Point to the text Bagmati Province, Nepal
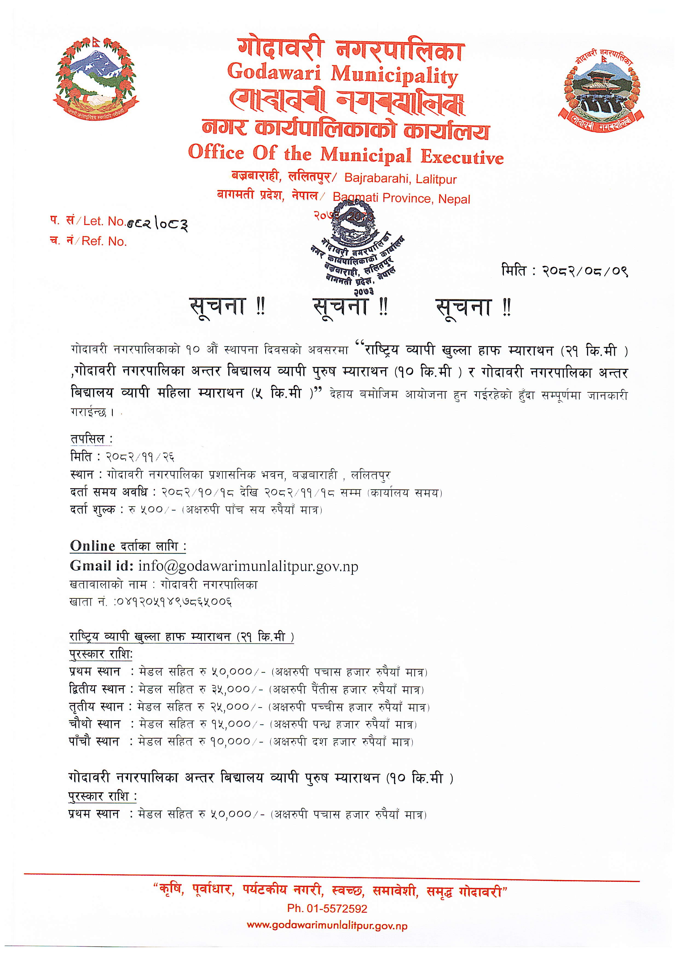point(401,199)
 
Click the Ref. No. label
point(104,241)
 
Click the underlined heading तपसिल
point(91,439)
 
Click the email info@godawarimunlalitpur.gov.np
point(248,566)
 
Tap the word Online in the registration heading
point(93,546)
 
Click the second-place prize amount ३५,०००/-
point(236,689)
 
